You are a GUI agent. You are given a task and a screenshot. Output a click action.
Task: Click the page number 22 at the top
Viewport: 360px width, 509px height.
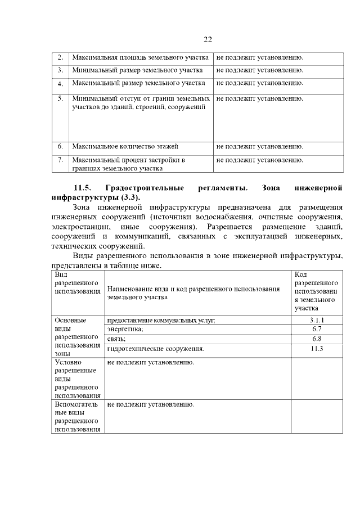pos(207,39)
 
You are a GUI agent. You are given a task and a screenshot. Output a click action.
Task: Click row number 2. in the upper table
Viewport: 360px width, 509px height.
pos(60,57)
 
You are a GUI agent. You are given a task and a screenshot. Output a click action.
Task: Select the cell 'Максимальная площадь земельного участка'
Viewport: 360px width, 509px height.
pos(141,57)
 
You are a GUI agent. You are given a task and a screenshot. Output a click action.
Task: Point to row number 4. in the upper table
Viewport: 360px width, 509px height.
pos(60,84)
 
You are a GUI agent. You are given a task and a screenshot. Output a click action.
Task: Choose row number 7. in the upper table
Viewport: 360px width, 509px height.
pos(60,160)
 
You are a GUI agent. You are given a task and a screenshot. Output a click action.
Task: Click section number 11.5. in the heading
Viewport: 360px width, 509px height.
pos(82,187)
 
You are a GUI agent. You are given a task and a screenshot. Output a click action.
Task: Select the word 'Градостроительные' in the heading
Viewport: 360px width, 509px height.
pos(146,187)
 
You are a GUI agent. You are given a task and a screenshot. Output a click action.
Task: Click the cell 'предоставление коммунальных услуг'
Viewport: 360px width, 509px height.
pos(161,320)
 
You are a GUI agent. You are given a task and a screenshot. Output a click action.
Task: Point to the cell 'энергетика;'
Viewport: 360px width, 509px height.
pos(125,329)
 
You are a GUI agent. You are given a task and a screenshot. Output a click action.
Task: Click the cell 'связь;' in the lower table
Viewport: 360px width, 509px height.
pos(116,339)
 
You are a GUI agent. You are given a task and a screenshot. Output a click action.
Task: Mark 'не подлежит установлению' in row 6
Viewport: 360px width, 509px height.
pos(259,146)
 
